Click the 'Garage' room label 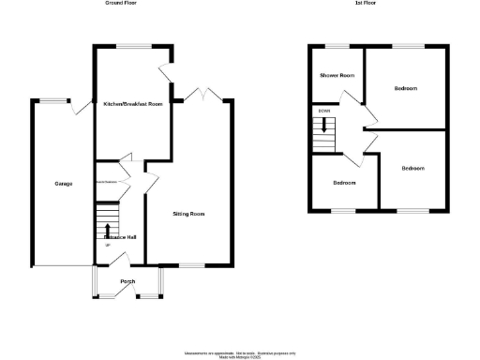(51, 183)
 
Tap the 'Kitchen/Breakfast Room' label (132, 104)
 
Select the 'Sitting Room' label (188, 214)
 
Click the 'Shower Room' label (336, 75)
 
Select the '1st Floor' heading (366, 4)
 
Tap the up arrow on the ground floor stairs (109, 229)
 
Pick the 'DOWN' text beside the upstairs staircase (324, 112)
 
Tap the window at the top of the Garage (51, 100)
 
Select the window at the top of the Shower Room (336, 45)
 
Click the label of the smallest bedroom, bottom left (344, 183)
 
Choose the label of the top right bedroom (406, 88)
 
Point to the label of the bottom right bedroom (412, 169)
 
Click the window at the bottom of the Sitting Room (192, 265)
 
